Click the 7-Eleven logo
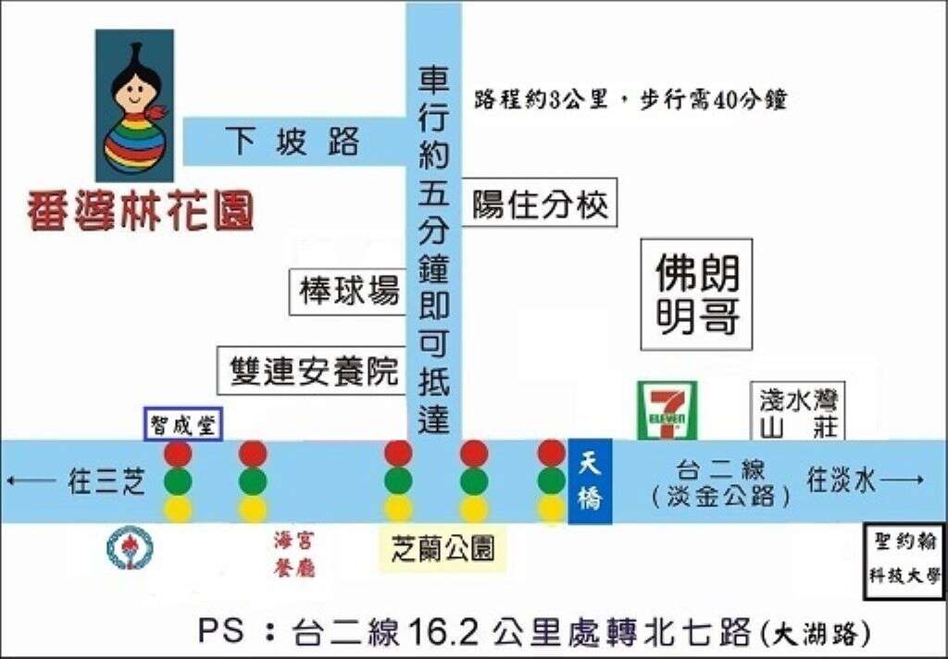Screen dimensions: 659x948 [667, 411]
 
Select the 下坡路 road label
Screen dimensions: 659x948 [293, 143]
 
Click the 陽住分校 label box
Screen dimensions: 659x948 [540, 204]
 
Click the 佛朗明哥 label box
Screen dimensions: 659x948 [697, 294]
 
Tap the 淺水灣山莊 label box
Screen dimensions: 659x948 [797, 412]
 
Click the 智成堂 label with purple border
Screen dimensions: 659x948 [181, 424]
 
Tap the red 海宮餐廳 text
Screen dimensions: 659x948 [294, 553]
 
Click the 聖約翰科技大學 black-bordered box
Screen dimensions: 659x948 [904, 563]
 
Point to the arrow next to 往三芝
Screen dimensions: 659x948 [30, 480]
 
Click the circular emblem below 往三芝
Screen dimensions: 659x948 [129, 547]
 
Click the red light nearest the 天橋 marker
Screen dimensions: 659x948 [551, 453]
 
